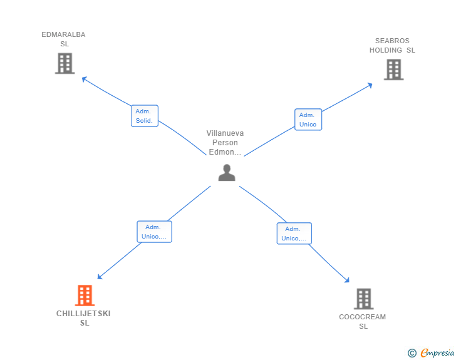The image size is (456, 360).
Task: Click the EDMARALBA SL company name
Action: click(x=63, y=39)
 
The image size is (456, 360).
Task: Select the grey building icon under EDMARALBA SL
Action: click(x=65, y=63)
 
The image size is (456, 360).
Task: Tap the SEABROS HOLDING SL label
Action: click(x=392, y=45)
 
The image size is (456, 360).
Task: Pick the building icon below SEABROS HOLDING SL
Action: click(x=394, y=69)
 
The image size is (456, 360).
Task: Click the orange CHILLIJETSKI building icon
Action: click(x=85, y=295)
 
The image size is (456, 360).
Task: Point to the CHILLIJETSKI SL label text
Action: click(x=83, y=318)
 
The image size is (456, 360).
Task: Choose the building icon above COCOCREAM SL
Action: click(x=364, y=299)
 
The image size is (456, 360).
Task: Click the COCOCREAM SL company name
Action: click(x=363, y=321)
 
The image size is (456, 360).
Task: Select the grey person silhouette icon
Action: click(x=227, y=173)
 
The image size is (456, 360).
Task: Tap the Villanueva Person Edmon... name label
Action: click(x=225, y=143)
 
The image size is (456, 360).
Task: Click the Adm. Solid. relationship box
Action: click(x=145, y=116)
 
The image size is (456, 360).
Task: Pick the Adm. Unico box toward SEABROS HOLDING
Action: click(x=308, y=120)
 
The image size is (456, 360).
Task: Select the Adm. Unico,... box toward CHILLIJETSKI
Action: click(x=155, y=232)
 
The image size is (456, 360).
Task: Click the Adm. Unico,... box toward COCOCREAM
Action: click(x=294, y=234)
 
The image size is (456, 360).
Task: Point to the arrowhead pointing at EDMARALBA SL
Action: click(x=85, y=79)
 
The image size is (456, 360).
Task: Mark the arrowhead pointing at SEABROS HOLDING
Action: click(x=370, y=85)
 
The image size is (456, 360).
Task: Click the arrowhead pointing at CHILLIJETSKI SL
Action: click(x=100, y=277)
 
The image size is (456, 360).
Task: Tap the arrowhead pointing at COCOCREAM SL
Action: click(x=346, y=280)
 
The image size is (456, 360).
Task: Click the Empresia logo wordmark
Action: click(x=437, y=352)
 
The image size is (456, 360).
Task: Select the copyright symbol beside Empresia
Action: click(x=412, y=353)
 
